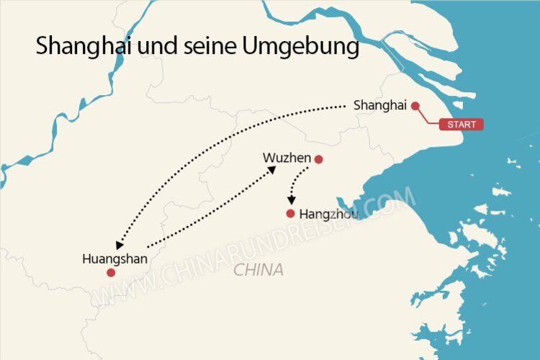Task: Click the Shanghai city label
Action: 380,106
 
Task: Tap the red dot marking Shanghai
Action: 415,106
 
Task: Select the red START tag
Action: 461,125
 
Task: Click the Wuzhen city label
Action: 287,158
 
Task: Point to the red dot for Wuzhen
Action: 319,159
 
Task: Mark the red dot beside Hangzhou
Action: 290,214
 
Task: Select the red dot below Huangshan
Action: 111,273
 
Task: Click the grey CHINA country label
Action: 258,271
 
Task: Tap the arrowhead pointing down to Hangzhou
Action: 291,201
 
